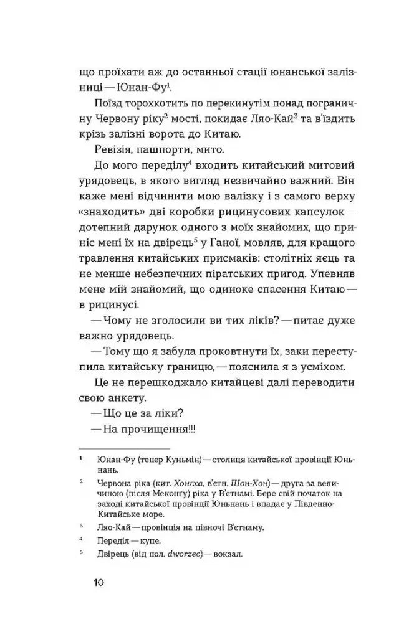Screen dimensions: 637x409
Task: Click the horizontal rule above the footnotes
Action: click(123, 447)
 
